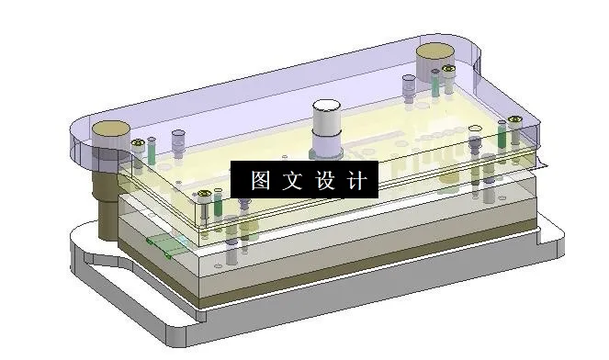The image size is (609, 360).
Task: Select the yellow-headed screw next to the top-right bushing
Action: click(x=448, y=69)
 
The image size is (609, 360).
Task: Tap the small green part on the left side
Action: click(x=164, y=243)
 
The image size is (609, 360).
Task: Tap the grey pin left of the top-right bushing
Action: click(x=408, y=84)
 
